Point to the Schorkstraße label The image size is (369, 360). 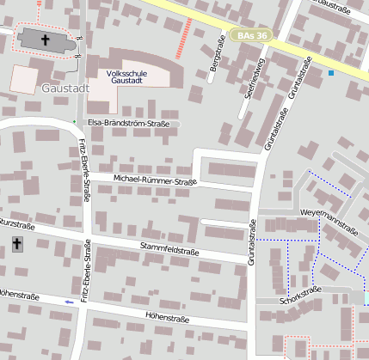point(300,296)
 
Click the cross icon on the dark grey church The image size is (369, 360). point(46,40)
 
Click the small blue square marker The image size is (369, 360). point(330,73)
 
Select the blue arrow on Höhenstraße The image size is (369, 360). point(70,302)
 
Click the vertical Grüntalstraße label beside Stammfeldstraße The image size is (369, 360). point(253,240)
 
